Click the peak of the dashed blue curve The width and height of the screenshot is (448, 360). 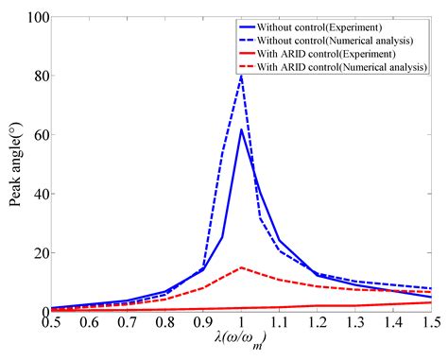pyautogui.click(x=241, y=77)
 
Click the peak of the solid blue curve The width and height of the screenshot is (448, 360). pyautogui.click(x=241, y=129)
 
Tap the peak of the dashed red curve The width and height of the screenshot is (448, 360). pyautogui.click(x=241, y=267)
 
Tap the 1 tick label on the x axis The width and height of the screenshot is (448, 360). pyautogui.click(x=241, y=323)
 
